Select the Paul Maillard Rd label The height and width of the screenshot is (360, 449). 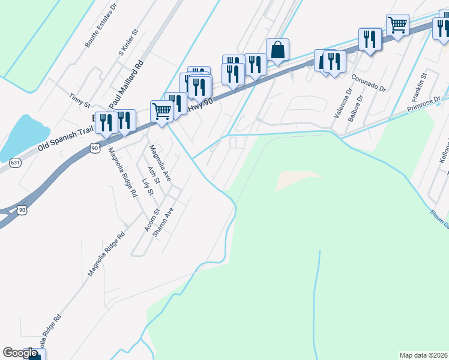127,81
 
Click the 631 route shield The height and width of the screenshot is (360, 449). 15,162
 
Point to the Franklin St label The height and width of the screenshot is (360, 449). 418,86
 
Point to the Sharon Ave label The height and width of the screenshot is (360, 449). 164,223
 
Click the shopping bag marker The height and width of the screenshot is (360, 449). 277,50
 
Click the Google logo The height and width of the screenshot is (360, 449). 20,353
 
